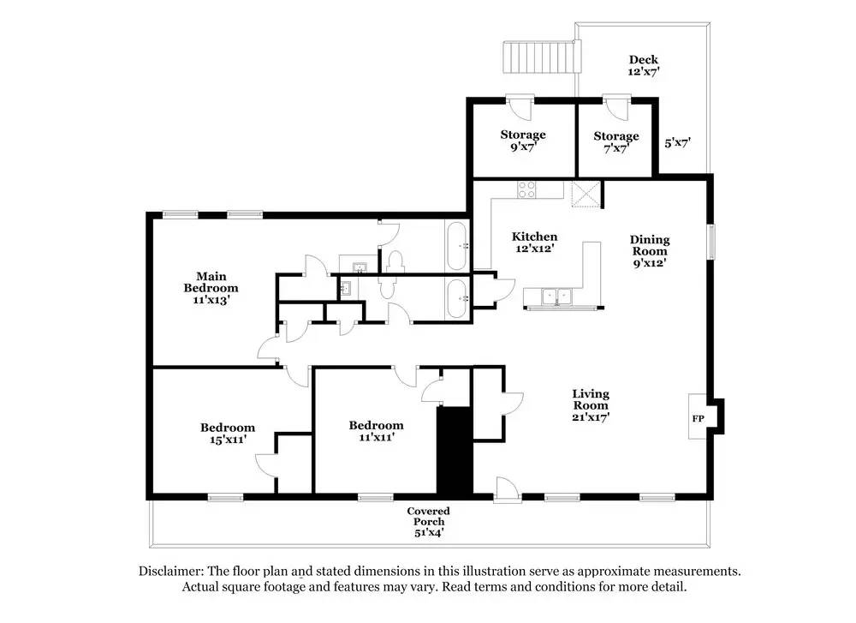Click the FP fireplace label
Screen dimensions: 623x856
click(x=698, y=418)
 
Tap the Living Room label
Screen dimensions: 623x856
click(x=591, y=405)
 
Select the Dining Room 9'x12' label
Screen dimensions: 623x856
click(x=650, y=251)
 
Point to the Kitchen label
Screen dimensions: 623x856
click(x=535, y=242)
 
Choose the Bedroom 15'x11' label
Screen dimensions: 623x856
click(x=228, y=433)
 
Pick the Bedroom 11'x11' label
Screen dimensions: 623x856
click(x=376, y=430)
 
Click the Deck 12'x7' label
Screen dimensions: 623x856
click(x=644, y=65)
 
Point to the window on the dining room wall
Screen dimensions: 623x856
click(x=710, y=241)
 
